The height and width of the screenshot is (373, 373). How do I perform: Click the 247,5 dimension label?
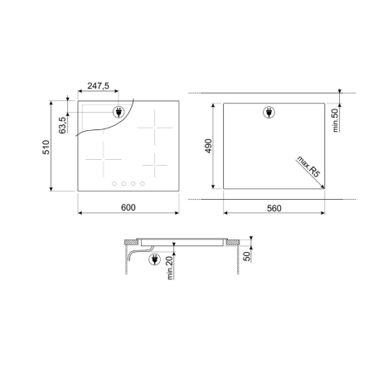(x=98, y=86)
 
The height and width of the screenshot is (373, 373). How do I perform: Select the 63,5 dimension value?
(x=62, y=125)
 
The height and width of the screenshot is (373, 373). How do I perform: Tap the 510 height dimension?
(x=46, y=147)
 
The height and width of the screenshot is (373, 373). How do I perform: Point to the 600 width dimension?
(x=128, y=207)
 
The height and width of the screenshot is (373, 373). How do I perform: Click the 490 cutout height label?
(x=208, y=146)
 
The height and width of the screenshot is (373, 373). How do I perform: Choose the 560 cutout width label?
(x=274, y=208)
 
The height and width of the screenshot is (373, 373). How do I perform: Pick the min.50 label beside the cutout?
(x=335, y=120)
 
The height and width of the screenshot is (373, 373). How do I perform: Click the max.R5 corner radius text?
(x=308, y=167)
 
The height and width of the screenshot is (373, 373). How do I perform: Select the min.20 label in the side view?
(x=170, y=268)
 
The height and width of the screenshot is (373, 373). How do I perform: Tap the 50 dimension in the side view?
(x=247, y=256)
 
